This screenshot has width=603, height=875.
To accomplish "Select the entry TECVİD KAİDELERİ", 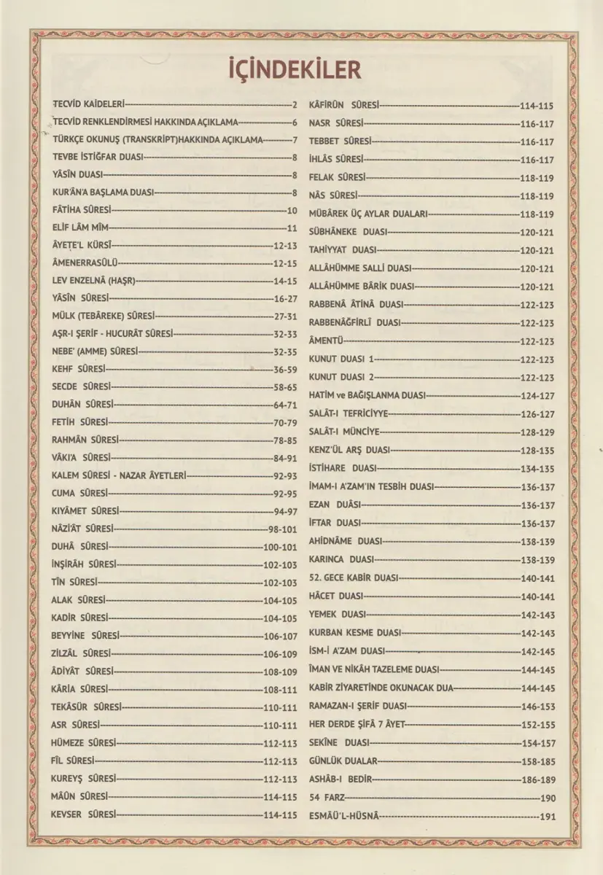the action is [90, 104].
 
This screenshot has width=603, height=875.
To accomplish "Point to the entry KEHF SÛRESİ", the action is [79, 369].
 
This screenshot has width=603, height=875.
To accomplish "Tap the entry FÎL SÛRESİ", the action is [74, 760].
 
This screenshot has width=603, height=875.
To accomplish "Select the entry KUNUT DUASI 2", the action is [341, 377].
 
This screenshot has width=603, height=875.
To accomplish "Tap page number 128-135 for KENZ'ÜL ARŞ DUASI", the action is [537, 450].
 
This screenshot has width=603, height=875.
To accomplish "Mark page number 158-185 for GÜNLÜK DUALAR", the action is [537, 761].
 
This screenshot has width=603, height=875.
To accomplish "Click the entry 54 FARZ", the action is [327, 797].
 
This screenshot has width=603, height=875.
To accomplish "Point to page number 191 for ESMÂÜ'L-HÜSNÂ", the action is [547, 816].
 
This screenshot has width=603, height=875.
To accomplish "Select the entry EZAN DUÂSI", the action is [335, 505].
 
